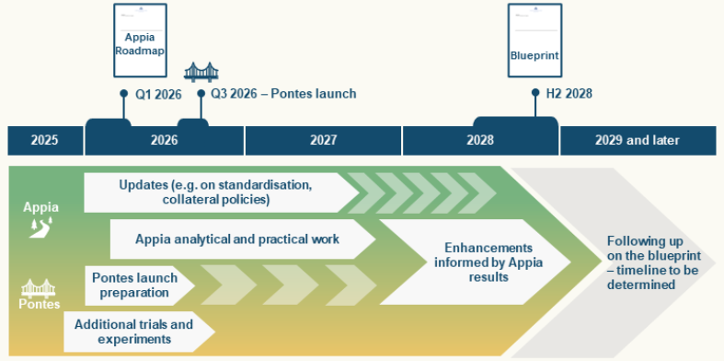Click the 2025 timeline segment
point(43,140)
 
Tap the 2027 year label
point(323,140)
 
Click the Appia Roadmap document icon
point(140,41)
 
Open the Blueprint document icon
point(534,41)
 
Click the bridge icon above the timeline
point(201,71)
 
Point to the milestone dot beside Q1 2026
point(124,93)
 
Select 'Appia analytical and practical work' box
point(237,239)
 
